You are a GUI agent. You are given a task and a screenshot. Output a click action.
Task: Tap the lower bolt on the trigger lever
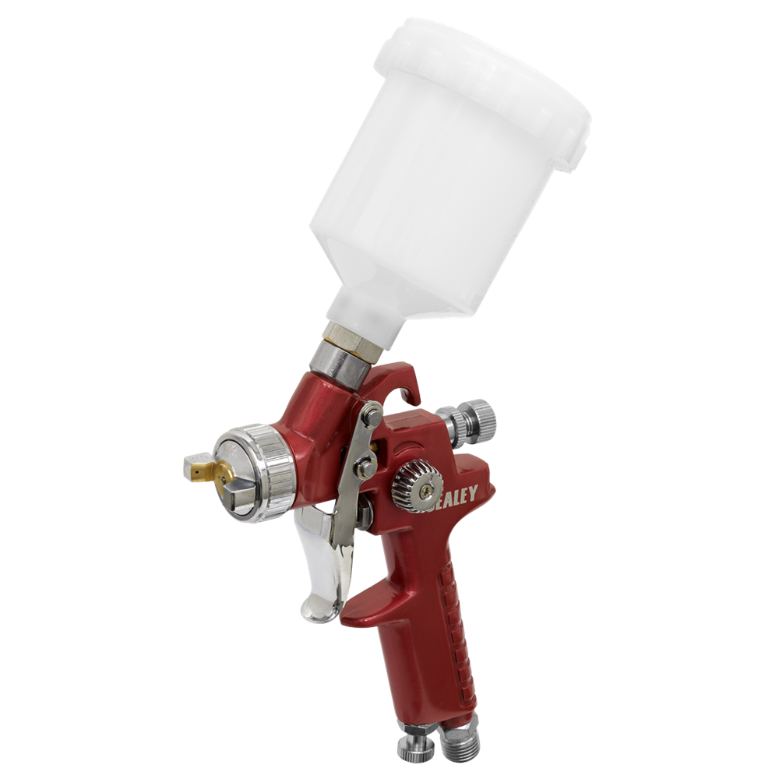pyautogui.click(x=363, y=468)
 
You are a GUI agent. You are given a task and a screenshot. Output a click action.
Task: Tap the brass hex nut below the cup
pyautogui.click(x=347, y=336)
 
